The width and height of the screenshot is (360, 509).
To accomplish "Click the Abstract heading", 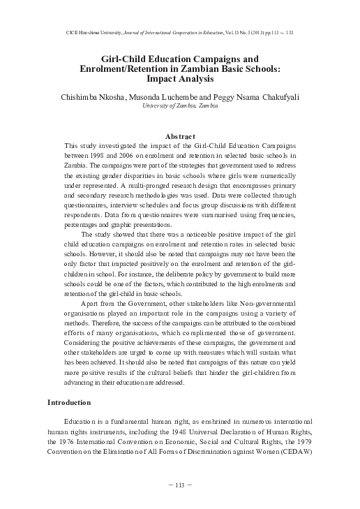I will coord(180,135).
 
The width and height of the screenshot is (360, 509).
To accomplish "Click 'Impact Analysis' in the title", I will coord(180,80).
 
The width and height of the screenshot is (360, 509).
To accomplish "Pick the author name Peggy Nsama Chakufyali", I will coord(269,94).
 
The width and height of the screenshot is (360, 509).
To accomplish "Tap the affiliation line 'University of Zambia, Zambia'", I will coord(180,105).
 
